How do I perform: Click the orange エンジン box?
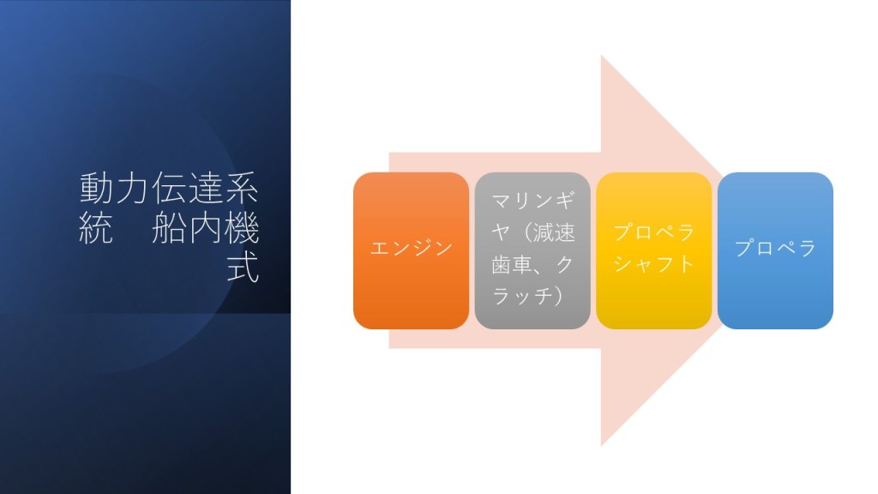411,250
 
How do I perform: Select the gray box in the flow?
532,250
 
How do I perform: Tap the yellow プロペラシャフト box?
654,250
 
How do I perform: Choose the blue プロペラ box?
775,250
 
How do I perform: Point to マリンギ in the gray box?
533,200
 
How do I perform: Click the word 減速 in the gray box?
554,232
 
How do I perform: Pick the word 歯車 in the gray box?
512,264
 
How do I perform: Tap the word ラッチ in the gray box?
522,296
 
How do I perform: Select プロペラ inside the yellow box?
654,232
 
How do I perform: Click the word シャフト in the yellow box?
654,264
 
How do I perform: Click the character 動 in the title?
96,188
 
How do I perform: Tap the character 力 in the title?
132,188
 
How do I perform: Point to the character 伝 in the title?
169,188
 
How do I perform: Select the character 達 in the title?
205,188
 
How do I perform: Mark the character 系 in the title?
241,188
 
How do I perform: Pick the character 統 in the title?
96,227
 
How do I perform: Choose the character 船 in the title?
169,227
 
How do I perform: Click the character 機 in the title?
241,227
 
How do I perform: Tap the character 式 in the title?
243,268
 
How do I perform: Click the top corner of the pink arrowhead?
601,55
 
